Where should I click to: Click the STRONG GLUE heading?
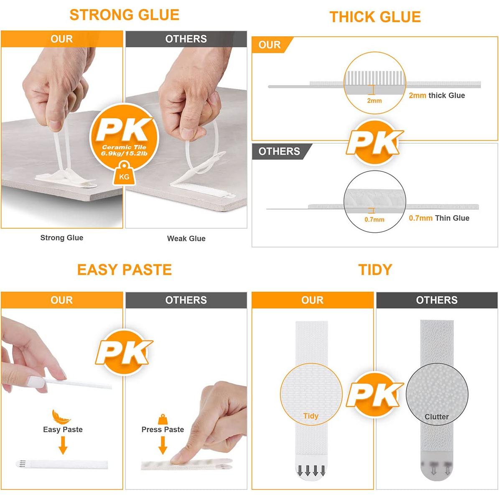[124, 15]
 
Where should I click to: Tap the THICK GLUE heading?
[375, 17]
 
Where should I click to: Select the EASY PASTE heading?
[124, 270]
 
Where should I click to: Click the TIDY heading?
[375, 270]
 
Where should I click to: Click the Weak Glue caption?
[186, 239]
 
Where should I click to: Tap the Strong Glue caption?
[61, 238]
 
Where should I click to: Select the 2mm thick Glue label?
[437, 95]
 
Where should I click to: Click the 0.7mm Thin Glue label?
[439, 218]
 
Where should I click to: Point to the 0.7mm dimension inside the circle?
[374, 219]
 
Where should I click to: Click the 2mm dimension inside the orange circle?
[374, 101]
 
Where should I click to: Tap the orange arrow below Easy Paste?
[63, 446]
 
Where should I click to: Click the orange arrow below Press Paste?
[163, 446]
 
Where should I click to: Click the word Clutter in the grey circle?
[436, 417]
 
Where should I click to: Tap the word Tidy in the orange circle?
[311, 416]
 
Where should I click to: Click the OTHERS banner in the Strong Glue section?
[186, 39]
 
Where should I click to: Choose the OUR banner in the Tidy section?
[312, 300]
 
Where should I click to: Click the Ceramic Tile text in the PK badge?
[124, 147]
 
